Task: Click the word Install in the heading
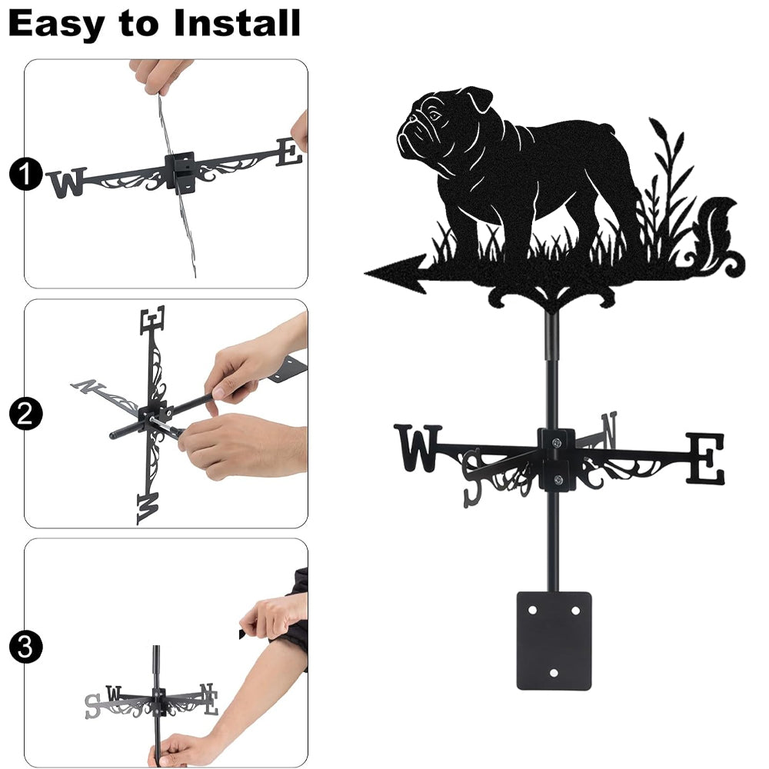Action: click(x=237, y=23)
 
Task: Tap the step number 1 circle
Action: click(x=25, y=174)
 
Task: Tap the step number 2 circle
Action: click(x=25, y=414)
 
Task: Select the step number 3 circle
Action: click(x=25, y=647)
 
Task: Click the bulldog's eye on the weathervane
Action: click(x=434, y=116)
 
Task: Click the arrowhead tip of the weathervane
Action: click(x=365, y=273)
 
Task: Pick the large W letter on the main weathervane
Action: click(x=418, y=448)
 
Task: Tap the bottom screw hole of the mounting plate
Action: click(x=554, y=673)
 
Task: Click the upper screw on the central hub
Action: click(x=556, y=444)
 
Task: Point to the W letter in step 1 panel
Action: click(x=67, y=182)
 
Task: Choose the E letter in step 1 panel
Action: click(x=289, y=152)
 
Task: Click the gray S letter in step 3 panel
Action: click(x=93, y=706)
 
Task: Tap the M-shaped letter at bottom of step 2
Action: click(x=148, y=508)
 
